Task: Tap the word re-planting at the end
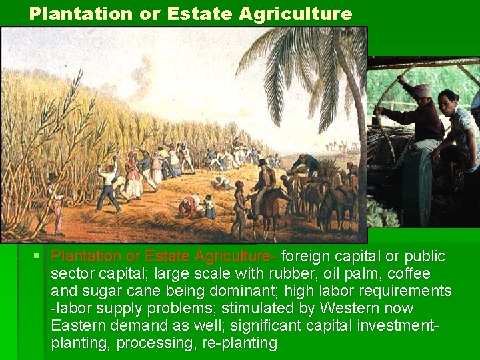coord(237,343)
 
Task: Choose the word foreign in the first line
coord(305,257)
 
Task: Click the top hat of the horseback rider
coord(263,162)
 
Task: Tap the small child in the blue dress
coord(209,207)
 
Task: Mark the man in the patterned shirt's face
coord(447,101)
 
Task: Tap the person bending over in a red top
coord(190,204)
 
